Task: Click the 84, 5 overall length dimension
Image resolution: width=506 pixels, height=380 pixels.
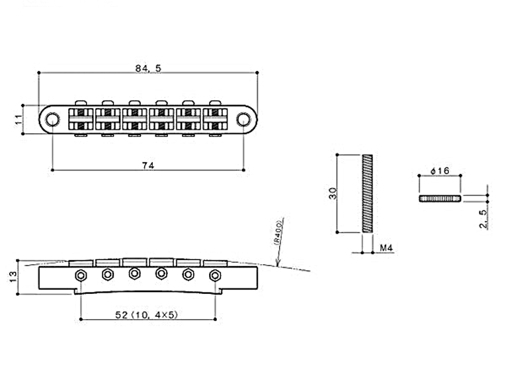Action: (148, 68)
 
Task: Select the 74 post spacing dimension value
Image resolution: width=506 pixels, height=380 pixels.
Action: (148, 166)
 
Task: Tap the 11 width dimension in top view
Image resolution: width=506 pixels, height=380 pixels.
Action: (19, 119)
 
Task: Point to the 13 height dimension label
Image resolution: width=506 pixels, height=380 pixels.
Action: (13, 277)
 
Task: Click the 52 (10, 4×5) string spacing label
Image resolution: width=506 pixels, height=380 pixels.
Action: (147, 314)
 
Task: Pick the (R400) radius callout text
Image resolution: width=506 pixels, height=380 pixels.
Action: (278, 232)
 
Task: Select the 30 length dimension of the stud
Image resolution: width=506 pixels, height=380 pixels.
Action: (333, 193)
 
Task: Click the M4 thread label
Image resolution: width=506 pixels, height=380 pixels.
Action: (386, 248)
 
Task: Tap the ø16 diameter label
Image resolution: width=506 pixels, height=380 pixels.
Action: (440, 170)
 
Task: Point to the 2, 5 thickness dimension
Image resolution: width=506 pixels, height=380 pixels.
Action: (483, 219)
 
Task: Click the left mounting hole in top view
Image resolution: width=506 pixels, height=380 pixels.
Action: (52, 119)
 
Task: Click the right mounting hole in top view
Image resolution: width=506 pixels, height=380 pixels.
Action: (243, 119)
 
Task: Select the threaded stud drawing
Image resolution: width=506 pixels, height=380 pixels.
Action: (367, 193)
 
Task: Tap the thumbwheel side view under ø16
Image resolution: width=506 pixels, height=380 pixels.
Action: (440, 199)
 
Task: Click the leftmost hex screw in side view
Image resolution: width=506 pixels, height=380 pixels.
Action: (81, 275)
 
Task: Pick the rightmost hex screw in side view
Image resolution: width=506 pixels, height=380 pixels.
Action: (214, 275)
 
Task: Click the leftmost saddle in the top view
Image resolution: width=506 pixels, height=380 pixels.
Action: (81, 119)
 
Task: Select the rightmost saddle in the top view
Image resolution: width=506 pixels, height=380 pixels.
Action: (215, 119)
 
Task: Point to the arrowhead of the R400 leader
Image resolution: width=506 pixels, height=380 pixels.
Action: (277, 266)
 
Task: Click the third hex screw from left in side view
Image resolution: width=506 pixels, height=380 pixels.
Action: (134, 273)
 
